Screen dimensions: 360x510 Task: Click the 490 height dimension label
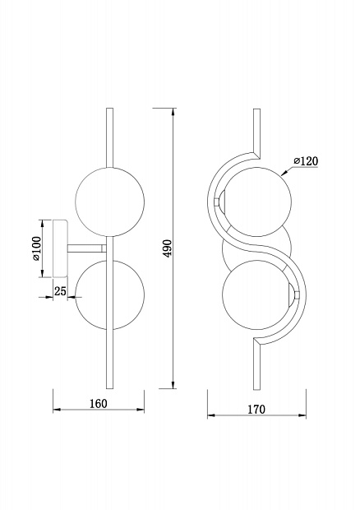point(168,248)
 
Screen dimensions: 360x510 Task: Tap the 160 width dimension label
point(98,404)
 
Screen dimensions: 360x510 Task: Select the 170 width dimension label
point(256,410)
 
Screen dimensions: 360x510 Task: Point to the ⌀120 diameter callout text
point(306,161)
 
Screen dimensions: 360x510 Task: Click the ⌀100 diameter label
point(36,248)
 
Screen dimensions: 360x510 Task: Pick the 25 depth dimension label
point(60,291)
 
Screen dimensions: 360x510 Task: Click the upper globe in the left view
point(110,202)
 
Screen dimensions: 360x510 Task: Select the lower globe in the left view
point(110,295)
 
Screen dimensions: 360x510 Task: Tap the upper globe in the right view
point(256,202)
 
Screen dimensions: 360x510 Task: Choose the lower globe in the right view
point(256,295)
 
